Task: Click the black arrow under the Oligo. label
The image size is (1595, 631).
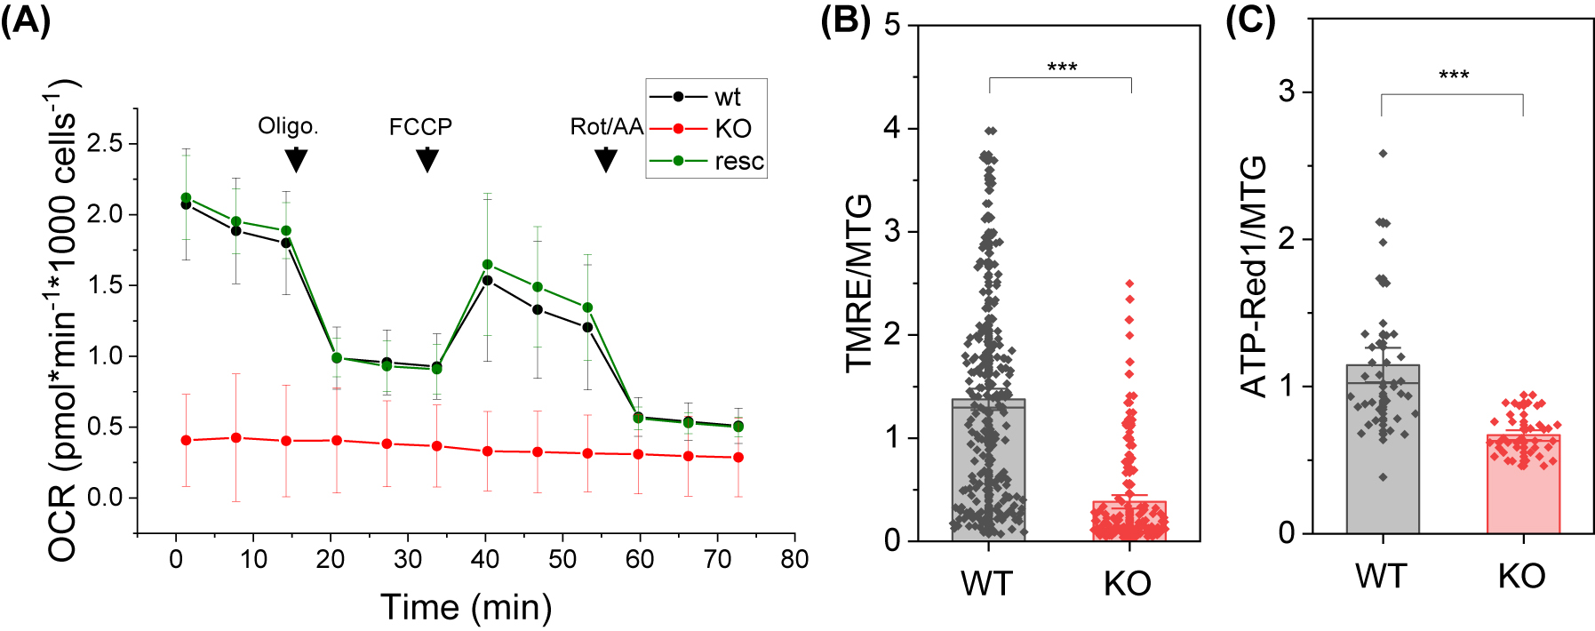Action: point(296,160)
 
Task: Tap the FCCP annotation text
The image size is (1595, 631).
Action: point(420,127)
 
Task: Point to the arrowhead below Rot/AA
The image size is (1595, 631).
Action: point(605,160)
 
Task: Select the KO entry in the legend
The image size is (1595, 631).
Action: point(733,129)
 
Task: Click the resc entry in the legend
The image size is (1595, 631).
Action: point(738,162)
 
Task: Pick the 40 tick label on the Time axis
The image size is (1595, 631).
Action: point(485,559)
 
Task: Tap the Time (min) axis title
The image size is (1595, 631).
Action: point(467,608)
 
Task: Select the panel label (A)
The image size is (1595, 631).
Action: point(27,20)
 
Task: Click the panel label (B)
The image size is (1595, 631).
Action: point(845,20)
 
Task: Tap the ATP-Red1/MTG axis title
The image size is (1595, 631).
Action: point(1253,276)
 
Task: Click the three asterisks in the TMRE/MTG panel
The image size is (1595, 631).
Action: point(1062,68)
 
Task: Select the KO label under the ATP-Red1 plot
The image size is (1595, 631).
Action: point(1522,577)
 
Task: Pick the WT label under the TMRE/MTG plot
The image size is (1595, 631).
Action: point(987,584)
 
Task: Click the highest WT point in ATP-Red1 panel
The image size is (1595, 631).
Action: point(1383,154)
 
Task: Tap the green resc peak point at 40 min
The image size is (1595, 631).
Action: point(487,265)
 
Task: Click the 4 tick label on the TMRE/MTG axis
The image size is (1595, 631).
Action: point(892,129)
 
